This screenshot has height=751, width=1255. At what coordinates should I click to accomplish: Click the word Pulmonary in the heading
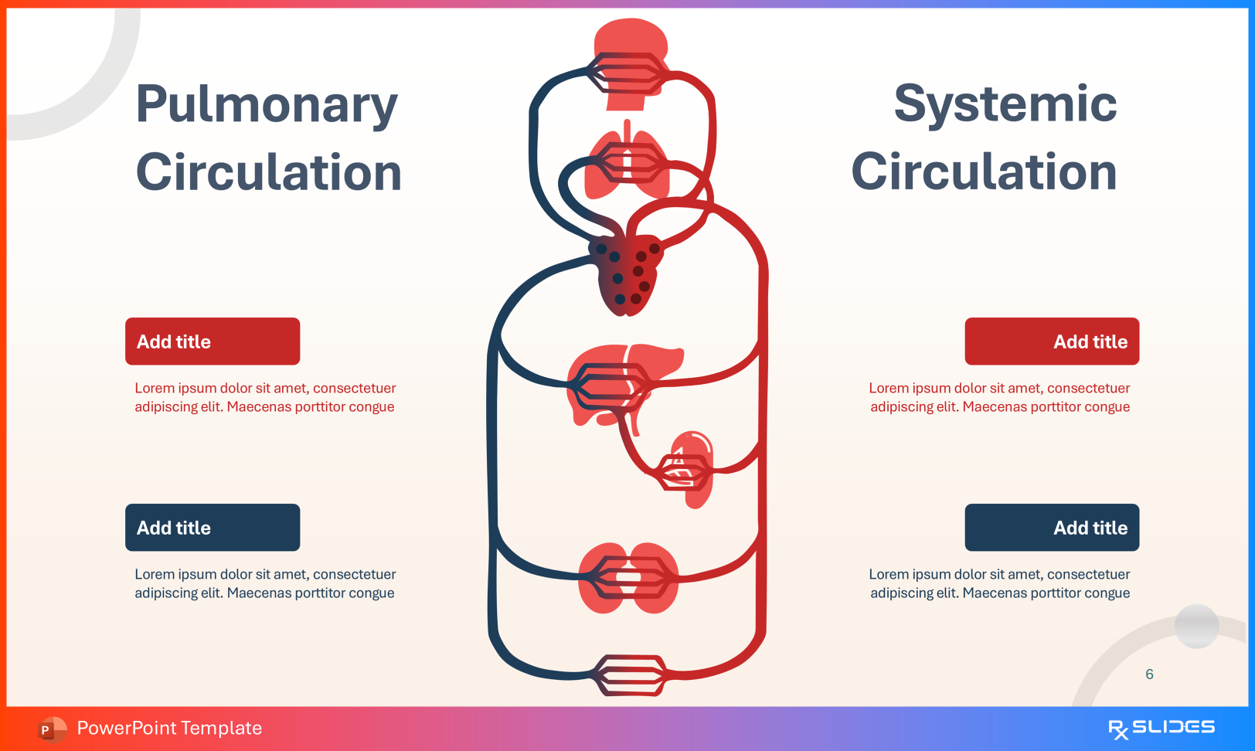[x=267, y=105]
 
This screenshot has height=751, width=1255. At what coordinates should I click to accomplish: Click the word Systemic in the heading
[x=1005, y=104]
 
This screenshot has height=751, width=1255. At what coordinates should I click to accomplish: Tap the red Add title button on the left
[x=213, y=342]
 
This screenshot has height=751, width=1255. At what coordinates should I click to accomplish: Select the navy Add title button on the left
[x=213, y=528]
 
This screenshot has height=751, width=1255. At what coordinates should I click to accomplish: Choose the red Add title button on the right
[x=1052, y=342]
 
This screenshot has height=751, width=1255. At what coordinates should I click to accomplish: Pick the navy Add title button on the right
[x=1052, y=528]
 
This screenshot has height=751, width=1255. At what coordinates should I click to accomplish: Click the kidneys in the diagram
[x=627, y=578]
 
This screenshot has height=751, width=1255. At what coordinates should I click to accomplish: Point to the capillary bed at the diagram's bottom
[x=630, y=675]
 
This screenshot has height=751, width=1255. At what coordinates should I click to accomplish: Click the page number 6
[x=1149, y=675]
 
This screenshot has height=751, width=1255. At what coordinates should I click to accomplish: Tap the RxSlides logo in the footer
[x=1161, y=728]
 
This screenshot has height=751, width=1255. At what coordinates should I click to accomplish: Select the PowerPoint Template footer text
[x=169, y=728]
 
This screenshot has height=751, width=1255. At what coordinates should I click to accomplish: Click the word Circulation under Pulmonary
[x=269, y=172]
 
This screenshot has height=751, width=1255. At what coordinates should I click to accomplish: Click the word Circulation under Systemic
[x=984, y=172]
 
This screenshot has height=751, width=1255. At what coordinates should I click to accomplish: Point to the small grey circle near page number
[x=1196, y=626]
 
